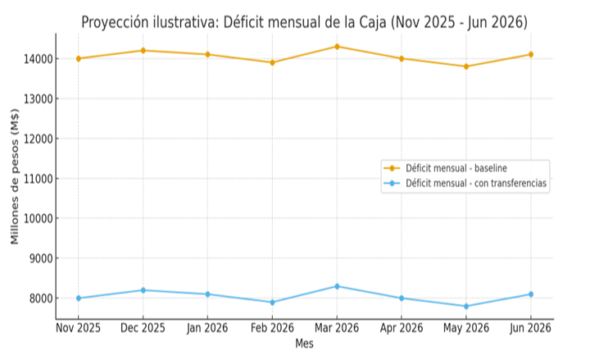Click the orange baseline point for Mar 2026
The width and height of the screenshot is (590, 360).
(x=337, y=47)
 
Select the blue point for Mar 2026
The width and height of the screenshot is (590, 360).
(x=337, y=286)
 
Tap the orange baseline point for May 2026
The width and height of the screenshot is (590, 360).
(x=466, y=66)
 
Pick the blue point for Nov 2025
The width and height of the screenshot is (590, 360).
(x=79, y=298)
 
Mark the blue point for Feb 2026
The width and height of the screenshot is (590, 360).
(x=272, y=303)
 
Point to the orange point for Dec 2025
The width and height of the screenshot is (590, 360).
(x=143, y=51)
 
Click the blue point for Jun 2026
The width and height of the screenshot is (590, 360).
(x=531, y=294)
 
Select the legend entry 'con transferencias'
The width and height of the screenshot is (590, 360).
(x=476, y=184)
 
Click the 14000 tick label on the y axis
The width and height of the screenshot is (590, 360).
(x=38, y=59)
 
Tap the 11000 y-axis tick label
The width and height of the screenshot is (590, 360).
(x=38, y=179)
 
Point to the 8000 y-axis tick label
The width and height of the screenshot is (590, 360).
(x=40, y=298)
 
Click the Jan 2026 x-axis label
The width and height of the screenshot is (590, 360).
(x=207, y=328)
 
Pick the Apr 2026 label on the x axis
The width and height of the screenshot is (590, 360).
(x=402, y=328)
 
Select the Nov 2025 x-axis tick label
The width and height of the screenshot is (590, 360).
(x=79, y=328)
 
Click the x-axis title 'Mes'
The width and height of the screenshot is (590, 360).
(x=304, y=344)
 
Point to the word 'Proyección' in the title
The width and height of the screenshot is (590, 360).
(x=114, y=22)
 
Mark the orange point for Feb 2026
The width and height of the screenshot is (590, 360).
(x=272, y=62)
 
